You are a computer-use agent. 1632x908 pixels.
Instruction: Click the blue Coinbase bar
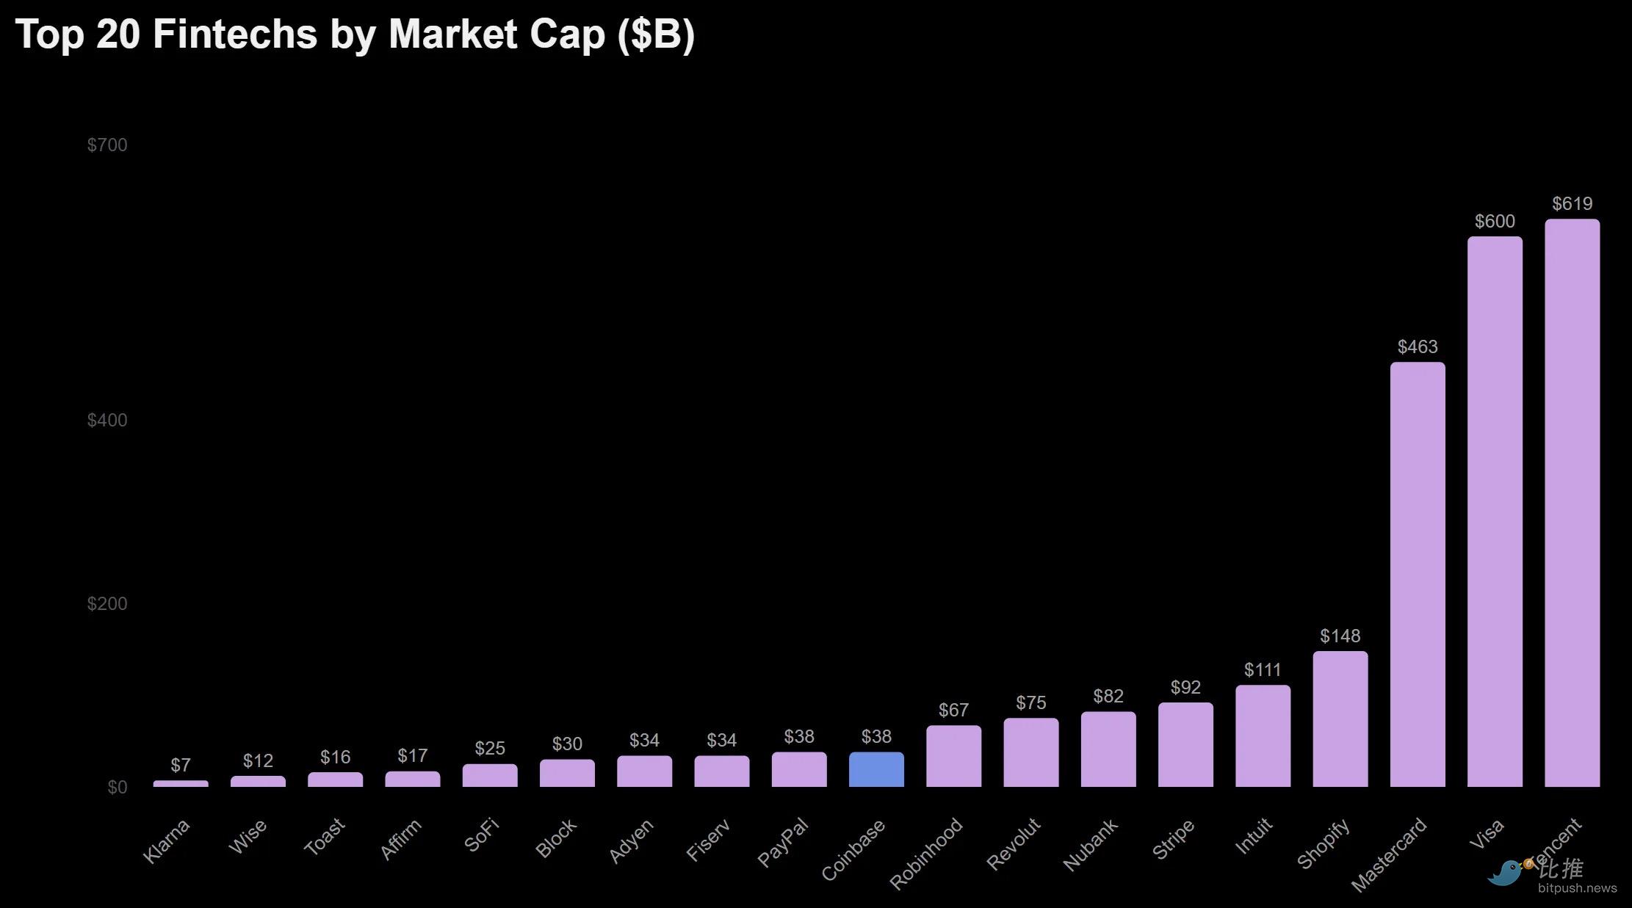[876, 769]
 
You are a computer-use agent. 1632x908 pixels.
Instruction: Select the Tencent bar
[1572, 503]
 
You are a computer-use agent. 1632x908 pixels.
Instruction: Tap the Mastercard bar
[1418, 574]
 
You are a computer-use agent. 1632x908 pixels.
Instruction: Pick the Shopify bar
[1340, 719]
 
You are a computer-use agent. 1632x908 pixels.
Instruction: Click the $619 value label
[1572, 203]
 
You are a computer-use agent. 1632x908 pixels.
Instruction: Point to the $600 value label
[1495, 221]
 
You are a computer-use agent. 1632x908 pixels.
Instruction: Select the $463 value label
[1418, 346]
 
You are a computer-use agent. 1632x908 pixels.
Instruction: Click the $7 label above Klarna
[181, 765]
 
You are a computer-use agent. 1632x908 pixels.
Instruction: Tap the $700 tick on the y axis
[107, 145]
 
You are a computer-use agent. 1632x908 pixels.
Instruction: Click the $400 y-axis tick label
[107, 420]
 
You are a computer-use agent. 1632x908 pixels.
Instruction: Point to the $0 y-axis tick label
[118, 787]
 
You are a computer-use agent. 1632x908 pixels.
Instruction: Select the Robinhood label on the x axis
[926, 853]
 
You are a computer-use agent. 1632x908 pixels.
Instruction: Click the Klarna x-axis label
[166, 841]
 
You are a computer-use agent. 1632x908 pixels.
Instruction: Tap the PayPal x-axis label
[783, 842]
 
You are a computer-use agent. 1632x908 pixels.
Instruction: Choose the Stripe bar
[1185, 744]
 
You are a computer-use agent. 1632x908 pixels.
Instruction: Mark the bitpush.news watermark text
[1577, 888]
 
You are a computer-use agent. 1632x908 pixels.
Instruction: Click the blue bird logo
[1505, 873]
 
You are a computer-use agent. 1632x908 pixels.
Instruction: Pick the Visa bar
[1495, 512]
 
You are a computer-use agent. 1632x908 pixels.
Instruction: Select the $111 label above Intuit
[1263, 669]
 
